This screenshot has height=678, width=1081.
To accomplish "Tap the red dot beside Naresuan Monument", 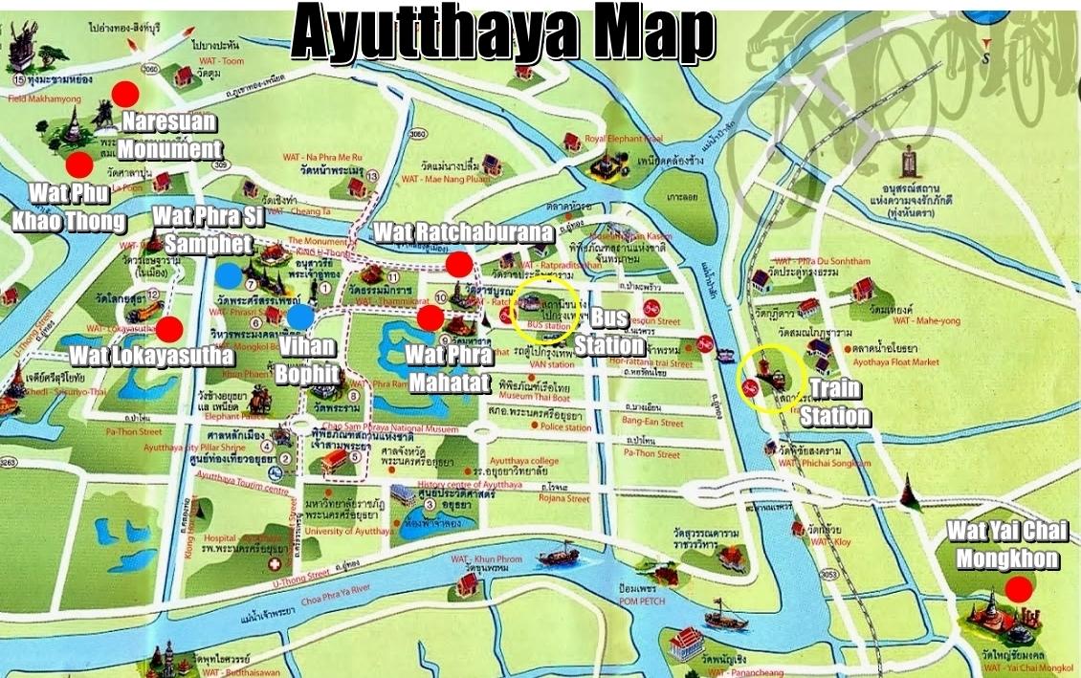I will pos(124,94).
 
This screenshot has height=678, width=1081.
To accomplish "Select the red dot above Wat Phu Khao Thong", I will pos(79,164).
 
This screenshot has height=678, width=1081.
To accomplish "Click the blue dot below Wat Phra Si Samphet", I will pos(228,275).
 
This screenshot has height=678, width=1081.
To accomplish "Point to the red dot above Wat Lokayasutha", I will pos(169,330).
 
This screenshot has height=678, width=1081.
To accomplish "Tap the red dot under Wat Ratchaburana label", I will pos(459,264).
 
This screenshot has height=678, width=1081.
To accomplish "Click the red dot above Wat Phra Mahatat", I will pos(430,317).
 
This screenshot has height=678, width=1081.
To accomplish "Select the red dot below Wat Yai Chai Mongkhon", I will pos(1021,589).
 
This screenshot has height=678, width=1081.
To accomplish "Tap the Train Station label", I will pos(835,402).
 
